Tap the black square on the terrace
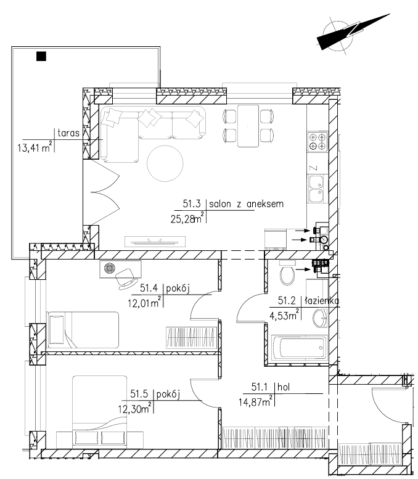coord(41,56)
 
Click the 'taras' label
coord(68,133)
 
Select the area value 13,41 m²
coord(35,147)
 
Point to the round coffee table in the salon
coord(165,163)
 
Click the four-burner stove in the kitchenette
coord(318,142)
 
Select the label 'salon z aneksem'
coord(246,204)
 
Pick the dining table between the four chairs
coord(248,126)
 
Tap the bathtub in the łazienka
coord(300,348)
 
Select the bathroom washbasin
coord(320,318)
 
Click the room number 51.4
coord(149,288)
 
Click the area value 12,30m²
coord(135,408)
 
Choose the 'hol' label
coord(284,387)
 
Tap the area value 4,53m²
coord(284,314)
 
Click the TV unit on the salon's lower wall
coord(155,242)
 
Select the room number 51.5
coord(139,394)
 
